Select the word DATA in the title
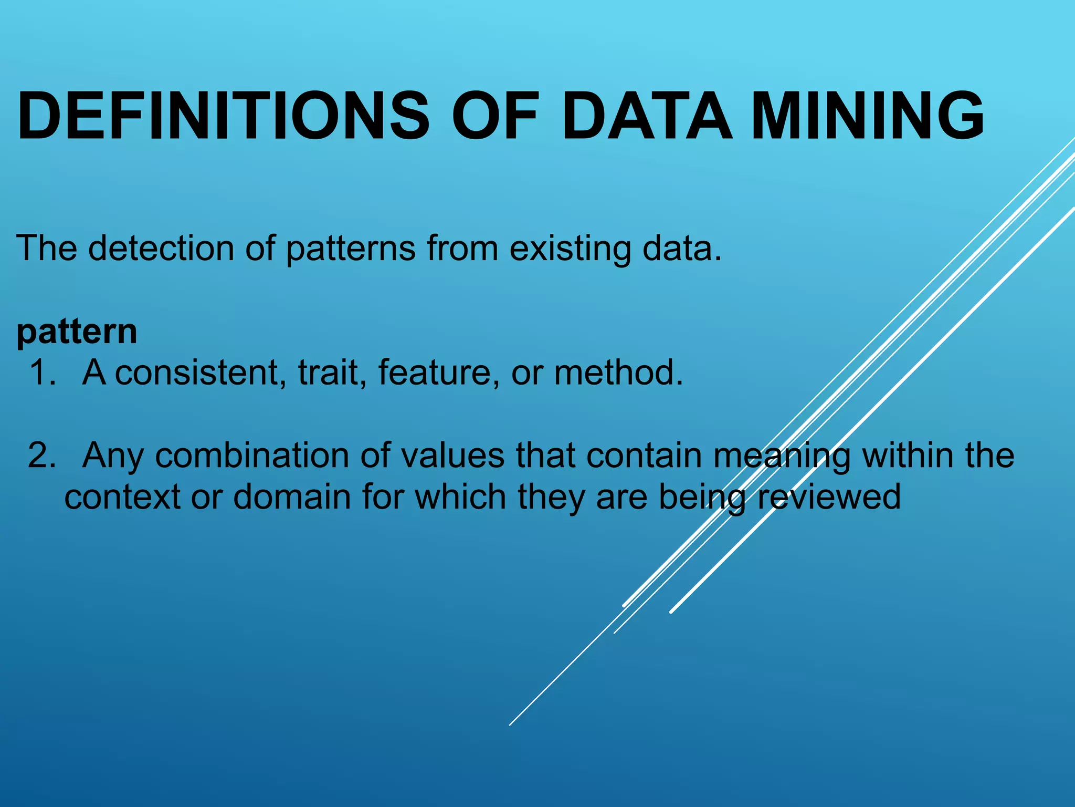pos(647,117)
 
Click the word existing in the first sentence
pos(570,249)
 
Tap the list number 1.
pos(42,373)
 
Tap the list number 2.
pos(42,456)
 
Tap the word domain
pos(292,497)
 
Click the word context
pos(122,497)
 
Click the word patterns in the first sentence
pos(351,249)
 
